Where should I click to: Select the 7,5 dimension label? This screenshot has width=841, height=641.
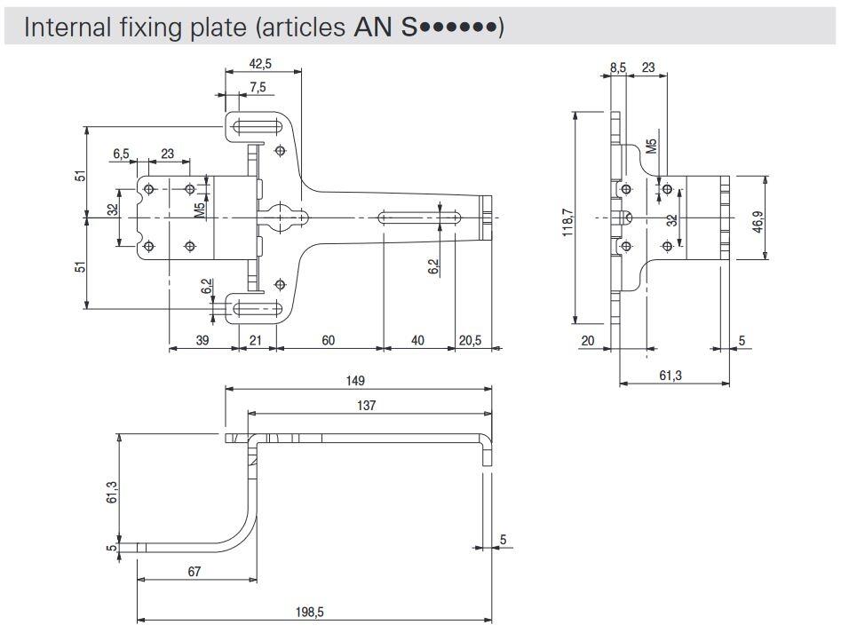258,87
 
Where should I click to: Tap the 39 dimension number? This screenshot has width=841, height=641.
203,340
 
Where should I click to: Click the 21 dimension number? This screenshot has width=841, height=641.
255,340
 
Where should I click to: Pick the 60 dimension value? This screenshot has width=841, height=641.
329,340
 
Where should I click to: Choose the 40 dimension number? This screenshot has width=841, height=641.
418,340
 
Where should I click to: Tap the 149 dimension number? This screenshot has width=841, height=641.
357,380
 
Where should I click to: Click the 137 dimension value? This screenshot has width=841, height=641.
366,406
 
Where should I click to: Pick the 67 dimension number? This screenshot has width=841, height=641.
195,571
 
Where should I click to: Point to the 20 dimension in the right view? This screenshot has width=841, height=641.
587,340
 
